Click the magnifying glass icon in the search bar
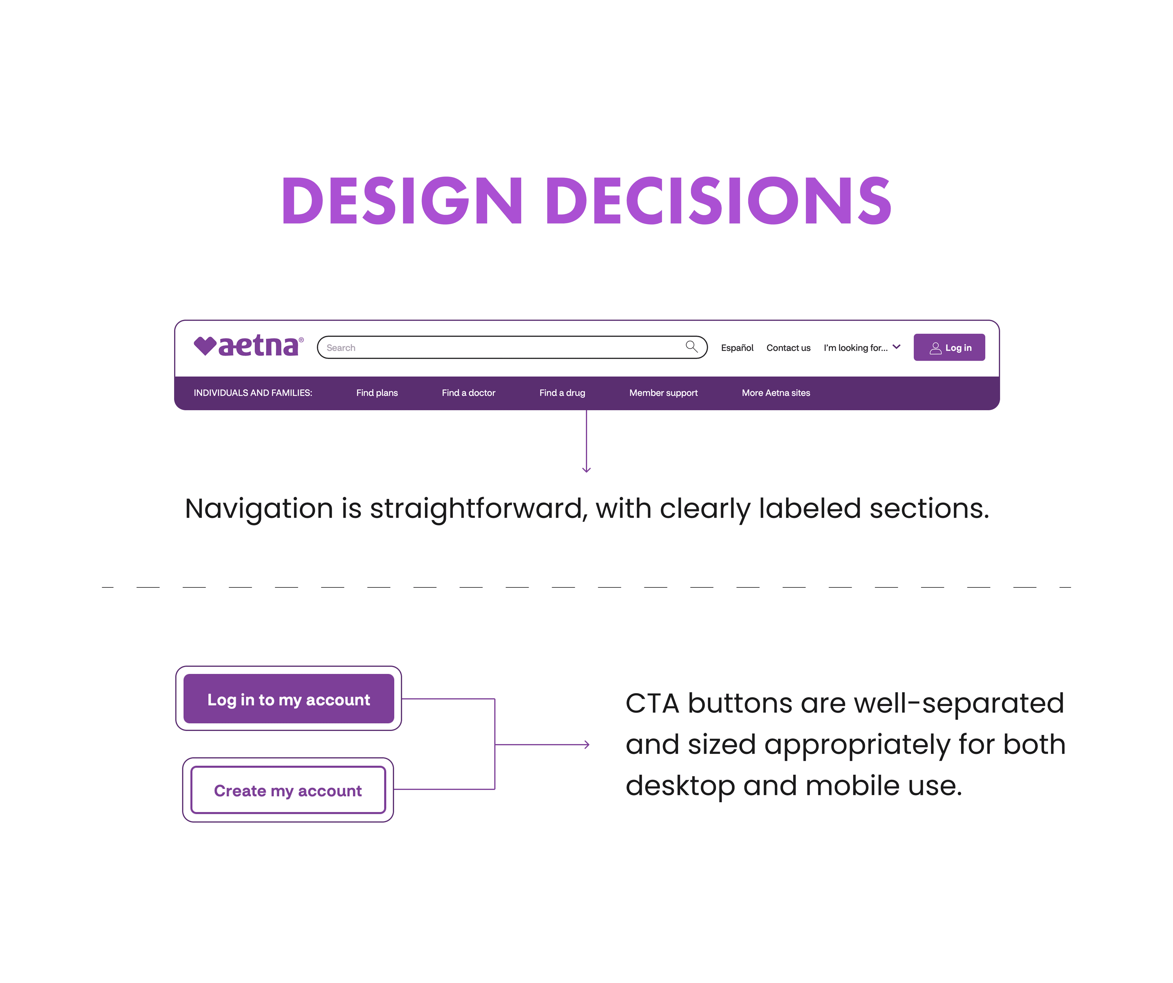tap(692, 347)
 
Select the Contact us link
tap(788, 348)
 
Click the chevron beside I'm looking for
tap(897, 347)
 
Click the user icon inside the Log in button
tap(935, 348)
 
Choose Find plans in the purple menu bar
tap(377, 393)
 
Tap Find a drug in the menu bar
tap(562, 393)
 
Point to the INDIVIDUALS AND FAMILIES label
tap(253, 393)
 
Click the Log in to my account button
tap(289, 699)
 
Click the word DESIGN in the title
tap(402, 200)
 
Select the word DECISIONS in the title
tap(719, 200)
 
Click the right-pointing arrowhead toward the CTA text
tap(586, 744)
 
